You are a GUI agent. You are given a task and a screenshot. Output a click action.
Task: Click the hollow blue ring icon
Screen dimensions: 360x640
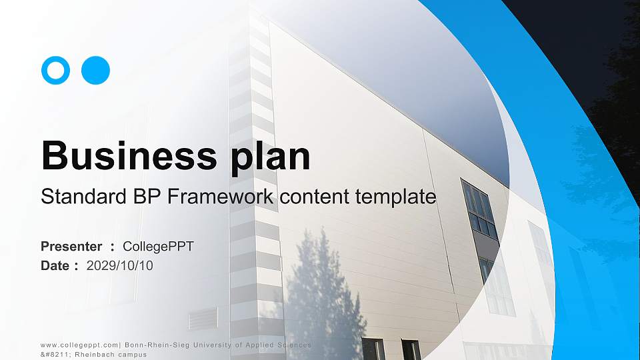point(55,70)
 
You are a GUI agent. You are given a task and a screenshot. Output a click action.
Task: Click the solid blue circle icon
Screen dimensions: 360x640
point(95,70)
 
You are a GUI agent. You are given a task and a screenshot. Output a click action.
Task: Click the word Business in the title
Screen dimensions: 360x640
point(124,157)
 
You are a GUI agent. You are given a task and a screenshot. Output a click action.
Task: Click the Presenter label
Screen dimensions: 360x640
point(71,247)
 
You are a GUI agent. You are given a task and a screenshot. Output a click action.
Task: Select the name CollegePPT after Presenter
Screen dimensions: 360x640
point(158,247)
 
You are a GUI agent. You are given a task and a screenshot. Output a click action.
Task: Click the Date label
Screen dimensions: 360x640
point(55,266)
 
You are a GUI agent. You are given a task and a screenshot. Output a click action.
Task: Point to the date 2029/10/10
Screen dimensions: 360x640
point(120,266)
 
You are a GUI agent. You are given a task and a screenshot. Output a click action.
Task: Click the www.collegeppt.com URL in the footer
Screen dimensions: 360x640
point(79,345)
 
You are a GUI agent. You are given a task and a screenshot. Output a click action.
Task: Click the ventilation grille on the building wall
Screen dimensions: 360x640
point(203,321)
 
